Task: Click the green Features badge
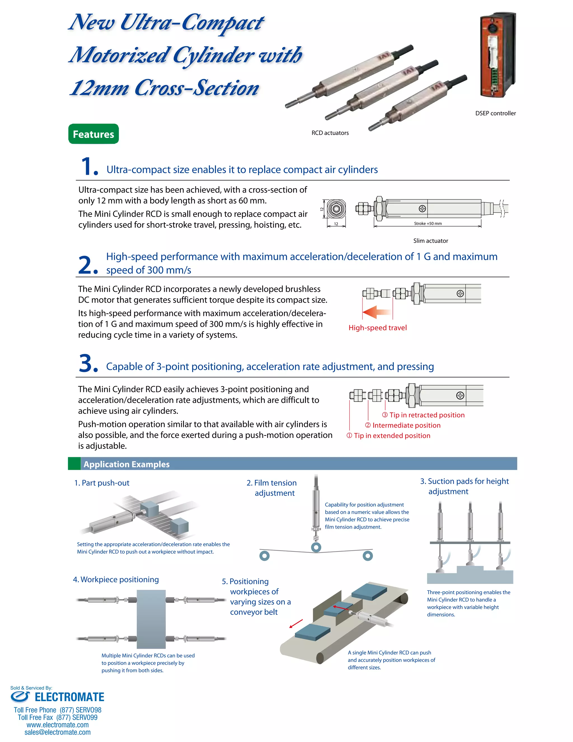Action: [93, 134]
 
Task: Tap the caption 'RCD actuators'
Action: [330, 133]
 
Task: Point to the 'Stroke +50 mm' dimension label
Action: [428, 223]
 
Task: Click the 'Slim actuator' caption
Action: [430, 241]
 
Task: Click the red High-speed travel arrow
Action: [376, 312]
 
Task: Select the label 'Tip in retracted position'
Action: [427, 415]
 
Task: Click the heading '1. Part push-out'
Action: [102, 483]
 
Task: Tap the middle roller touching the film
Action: [316, 547]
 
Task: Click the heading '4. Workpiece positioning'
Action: [116, 579]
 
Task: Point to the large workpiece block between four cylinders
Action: [151, 619]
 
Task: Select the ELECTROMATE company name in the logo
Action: [69, 697]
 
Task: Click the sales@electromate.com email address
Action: [57, 732]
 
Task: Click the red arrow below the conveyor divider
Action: [296, 624]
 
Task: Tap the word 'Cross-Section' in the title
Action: [197, 88]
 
